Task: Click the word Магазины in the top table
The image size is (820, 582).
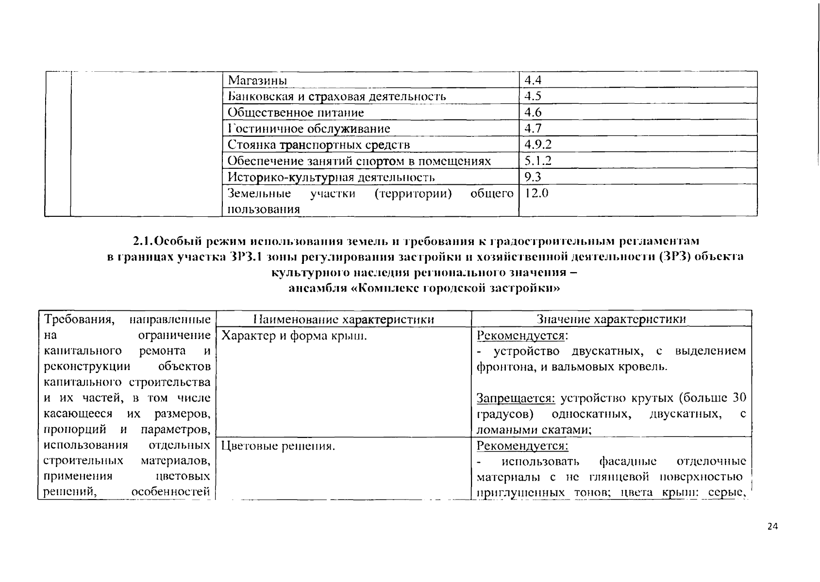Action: click(x=257, y=80)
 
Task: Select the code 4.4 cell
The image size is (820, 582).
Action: click(x=533, y=80)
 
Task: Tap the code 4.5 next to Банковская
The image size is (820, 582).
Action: click(x=533, y=96)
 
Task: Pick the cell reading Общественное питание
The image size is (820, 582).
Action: click(x=296, y=113)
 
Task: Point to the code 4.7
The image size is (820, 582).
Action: click(x=533, y=129)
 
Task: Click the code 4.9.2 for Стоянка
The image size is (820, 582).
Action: click(x=538, y=145)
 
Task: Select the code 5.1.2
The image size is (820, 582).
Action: click(x=538, y=161)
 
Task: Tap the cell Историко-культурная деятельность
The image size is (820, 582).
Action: click(x=331, y=177)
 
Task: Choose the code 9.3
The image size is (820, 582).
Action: click(x=533, y=177)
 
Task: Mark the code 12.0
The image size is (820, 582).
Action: click(x=536, y=194)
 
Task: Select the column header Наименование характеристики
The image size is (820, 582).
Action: click(x=343, y=319)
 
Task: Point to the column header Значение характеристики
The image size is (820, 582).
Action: click(x=611, y=319)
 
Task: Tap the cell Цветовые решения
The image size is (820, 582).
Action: click(x=278, y=446)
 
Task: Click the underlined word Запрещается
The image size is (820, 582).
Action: click(x=516, y=399)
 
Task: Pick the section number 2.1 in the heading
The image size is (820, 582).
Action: click(x=143, y=241)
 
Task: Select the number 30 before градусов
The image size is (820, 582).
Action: click(x=739, y=399)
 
